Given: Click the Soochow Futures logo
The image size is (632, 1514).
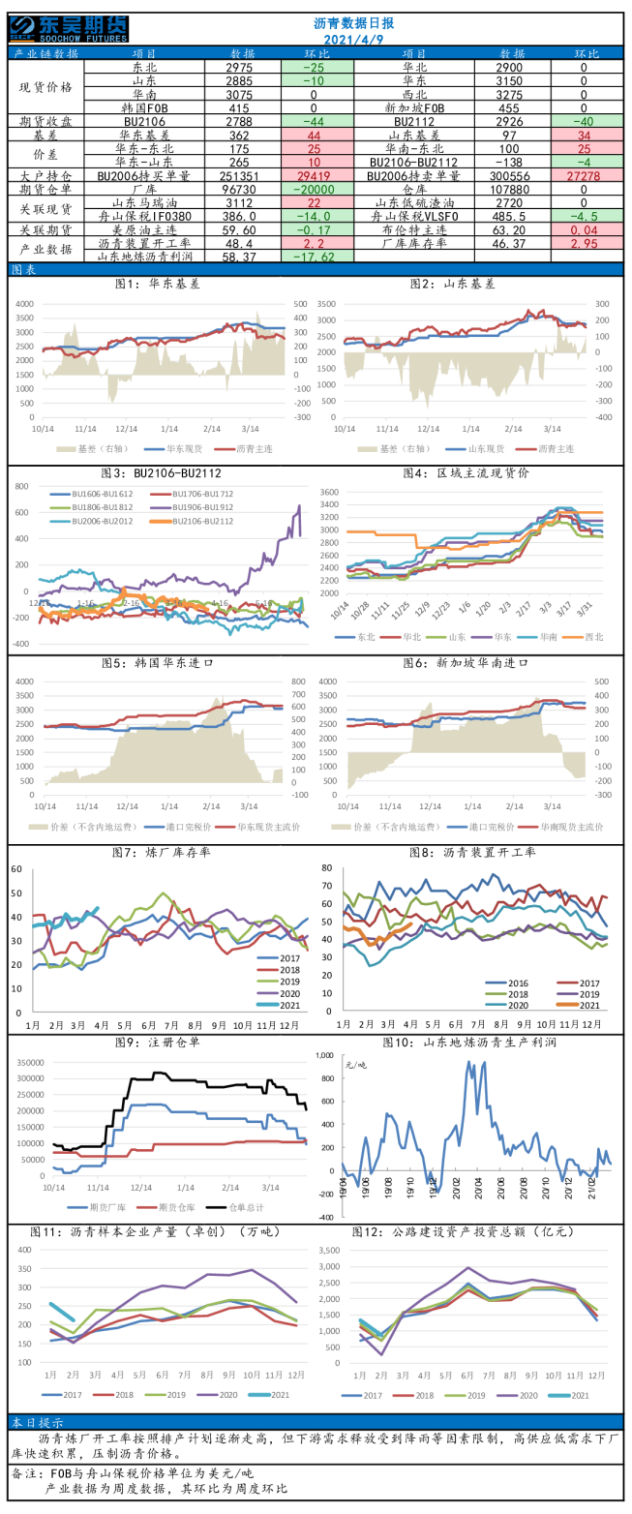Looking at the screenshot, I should click(x=69, y=27).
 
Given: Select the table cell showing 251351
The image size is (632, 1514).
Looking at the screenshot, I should click(x=242, y=176).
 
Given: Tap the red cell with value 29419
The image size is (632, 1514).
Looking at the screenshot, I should click(x=317, y=176).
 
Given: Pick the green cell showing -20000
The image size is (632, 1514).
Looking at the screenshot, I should click(x=317, y=190).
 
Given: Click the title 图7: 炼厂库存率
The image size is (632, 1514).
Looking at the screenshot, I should click(x=163, y=852).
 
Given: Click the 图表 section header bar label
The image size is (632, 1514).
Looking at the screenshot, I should click(x=23, y=270).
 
